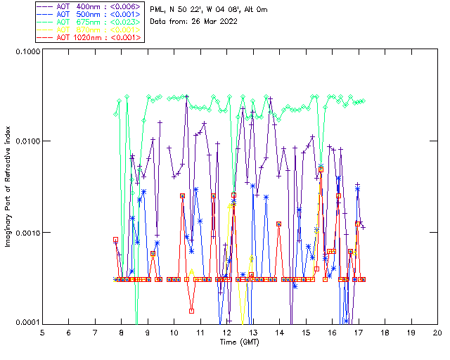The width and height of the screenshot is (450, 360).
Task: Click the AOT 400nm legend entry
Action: [89, 6]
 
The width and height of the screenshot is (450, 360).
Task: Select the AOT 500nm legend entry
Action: [89, 14]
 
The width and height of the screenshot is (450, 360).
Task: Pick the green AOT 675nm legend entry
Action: [89, 22]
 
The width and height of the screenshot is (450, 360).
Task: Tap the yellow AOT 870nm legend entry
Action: [89, 30]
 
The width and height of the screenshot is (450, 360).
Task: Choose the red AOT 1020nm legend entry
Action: [89, 37]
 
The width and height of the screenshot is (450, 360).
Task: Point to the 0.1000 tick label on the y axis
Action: [26, 53]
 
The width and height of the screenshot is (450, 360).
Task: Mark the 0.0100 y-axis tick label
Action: [26, 142]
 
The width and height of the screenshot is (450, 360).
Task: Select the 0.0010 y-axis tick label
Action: [26, 233]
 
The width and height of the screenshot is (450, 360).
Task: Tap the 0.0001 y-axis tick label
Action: [26, 323]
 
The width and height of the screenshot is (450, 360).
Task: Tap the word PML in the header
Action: [158, 9]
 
